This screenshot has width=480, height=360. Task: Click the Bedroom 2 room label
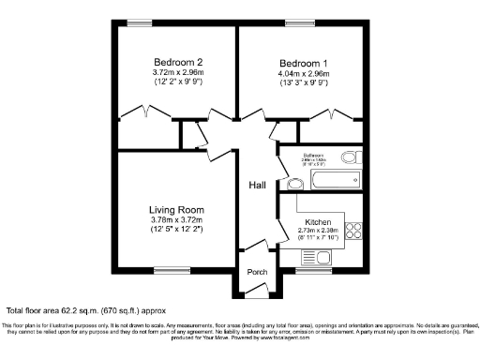click(x=178, y=62)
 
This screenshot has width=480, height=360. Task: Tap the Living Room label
click(x=176, y=210)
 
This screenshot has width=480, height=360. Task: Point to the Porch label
click(x=257, y=272)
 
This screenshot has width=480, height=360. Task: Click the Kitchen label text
click(x=318, y=222)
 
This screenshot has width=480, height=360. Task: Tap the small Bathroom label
click(x=314, y=155)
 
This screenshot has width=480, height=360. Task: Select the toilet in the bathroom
click(x=352, y=157)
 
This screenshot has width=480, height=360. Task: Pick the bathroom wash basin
click(x=283, y=173)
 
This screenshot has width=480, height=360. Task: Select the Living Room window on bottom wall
click(x=172, y=272)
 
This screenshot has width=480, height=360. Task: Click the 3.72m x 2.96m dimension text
click(x=178, y=72)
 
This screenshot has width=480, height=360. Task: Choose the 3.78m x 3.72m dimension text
click(x=176, y=220)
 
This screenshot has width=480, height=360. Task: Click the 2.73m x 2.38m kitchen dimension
click(x=318, y=231)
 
